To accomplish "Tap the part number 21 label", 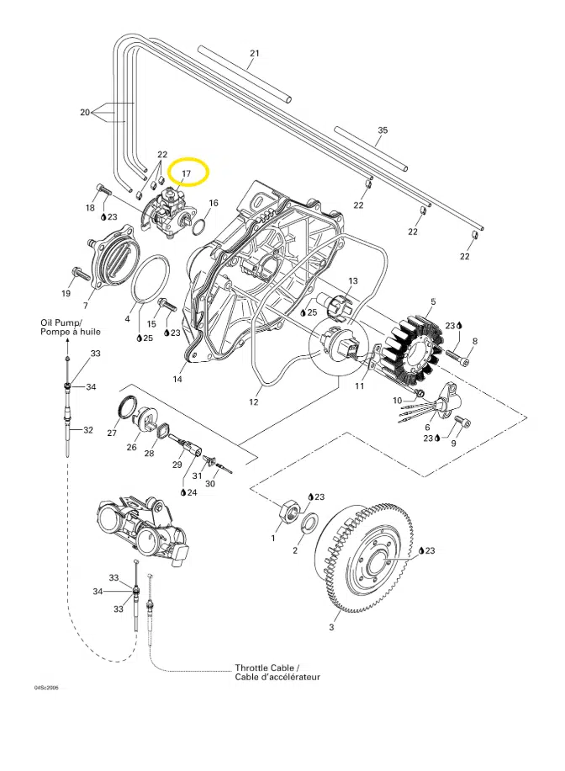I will pos(255,54).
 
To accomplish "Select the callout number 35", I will pos(383,130).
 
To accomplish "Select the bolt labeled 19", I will pos(78,274).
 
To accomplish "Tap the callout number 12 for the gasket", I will pos(253,402).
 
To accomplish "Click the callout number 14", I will pos(177,379).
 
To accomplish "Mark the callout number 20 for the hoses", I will pos(84,112).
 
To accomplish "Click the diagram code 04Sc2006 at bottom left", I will pos(47,688).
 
